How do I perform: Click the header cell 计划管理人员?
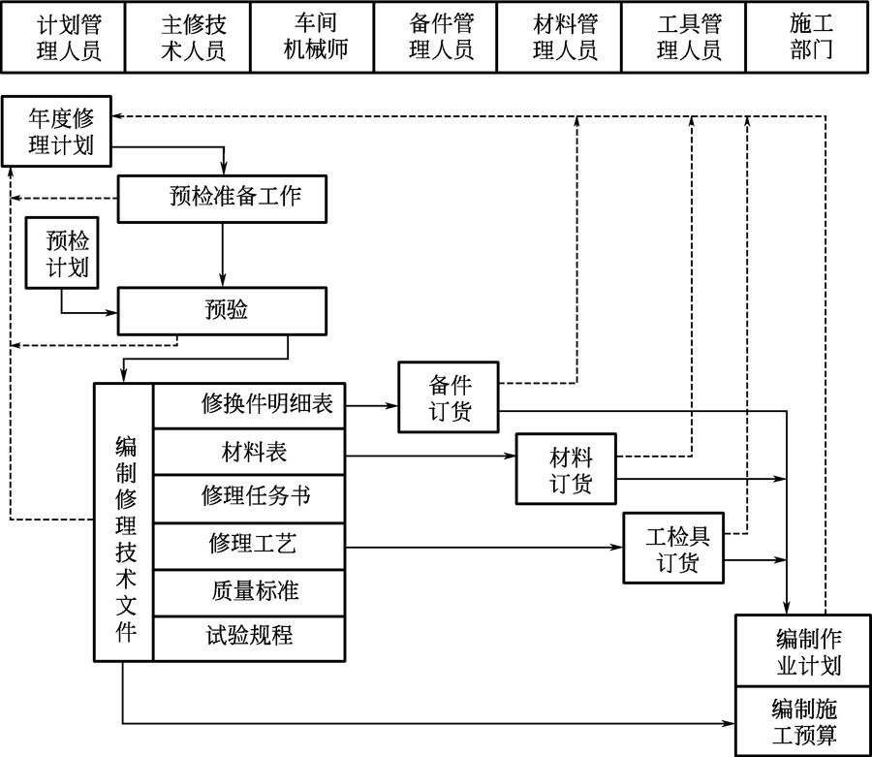(x=63, y=37)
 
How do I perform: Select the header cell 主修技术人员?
(x=187, y=37)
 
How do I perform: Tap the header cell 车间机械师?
(x=311, y=37)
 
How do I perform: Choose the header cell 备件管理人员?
(x=435, y=37)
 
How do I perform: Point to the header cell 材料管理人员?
(x=559, y=37)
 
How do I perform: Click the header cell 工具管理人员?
(x=683, y=37)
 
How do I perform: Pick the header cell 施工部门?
(x=807, y=37)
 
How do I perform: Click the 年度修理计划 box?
(x=57, y=130)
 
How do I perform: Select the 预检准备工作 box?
(x=222, y=198)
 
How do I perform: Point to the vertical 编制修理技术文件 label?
(x=124, y=521)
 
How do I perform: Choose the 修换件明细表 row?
(x=249, y=404)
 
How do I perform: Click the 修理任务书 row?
(x=249, y=497)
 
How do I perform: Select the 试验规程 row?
(x=249, y=637)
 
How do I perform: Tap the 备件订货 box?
(x=449, y=396)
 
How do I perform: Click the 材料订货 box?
(x=567, y=469)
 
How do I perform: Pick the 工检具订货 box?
(x=673, y=548)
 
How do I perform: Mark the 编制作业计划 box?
(x=802, y=650)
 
